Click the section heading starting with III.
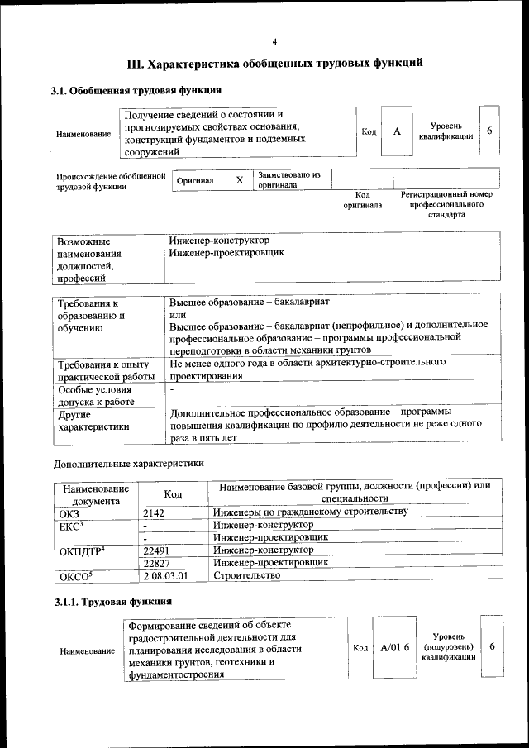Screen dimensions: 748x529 (x=274, y=64)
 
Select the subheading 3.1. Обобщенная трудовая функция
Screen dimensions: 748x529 (x=136, y=90)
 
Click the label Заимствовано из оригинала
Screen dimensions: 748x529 (x=288, y=180)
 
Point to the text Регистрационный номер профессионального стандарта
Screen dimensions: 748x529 (x=446, y=205)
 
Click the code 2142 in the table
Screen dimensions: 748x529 (x=156, y=512)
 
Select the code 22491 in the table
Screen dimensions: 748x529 (x=156, y=549)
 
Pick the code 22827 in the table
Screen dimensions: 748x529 (x=156, y=562)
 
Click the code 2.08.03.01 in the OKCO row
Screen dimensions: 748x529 (x=165, y=575)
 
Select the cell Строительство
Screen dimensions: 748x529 (x=241, y=575)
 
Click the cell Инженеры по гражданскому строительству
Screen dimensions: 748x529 (x=310, y=512)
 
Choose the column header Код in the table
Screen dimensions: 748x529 (x=173, y=493)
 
